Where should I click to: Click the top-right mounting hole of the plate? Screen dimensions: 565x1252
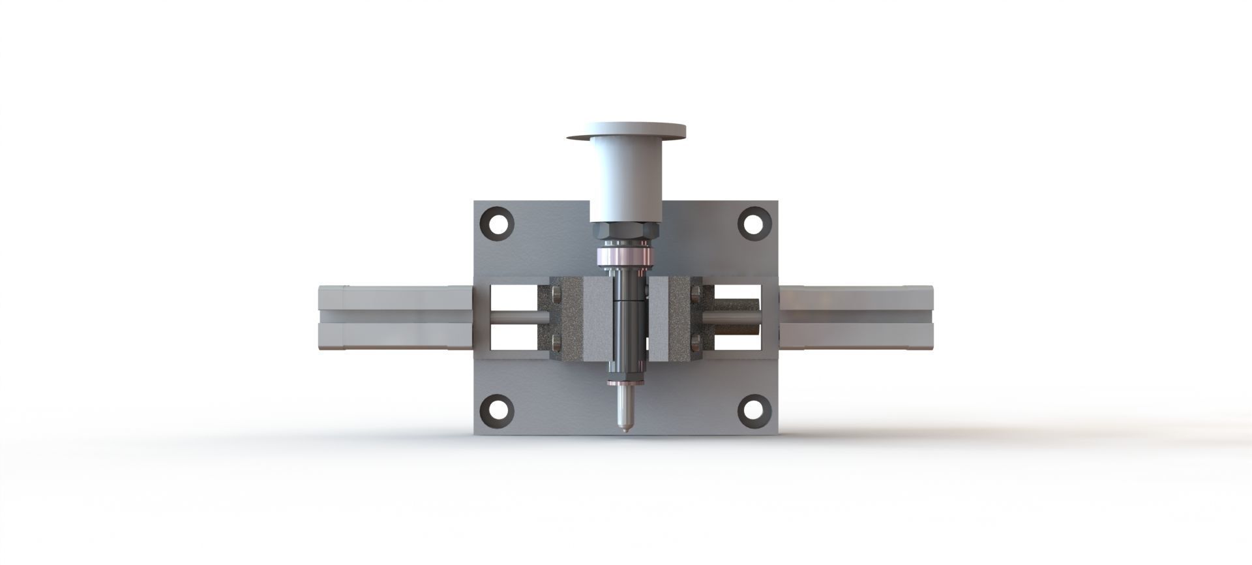[x=754, y=223]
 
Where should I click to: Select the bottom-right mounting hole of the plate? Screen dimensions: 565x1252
[x=754, y=410]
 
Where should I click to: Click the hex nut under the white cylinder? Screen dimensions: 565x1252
[x=626, y=232]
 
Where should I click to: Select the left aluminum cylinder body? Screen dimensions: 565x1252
[x=395, y=318]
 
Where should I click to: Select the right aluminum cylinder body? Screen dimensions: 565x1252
[x=856, y=318]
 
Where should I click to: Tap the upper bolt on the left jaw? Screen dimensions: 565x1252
[x=556, y=295]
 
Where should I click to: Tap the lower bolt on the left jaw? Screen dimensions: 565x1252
[x=556, y=341]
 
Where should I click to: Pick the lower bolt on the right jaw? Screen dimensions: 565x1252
[x=696, y=341]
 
